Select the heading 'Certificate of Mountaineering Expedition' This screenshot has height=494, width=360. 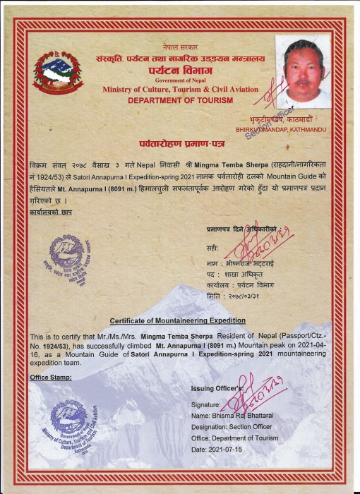[177, 321]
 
